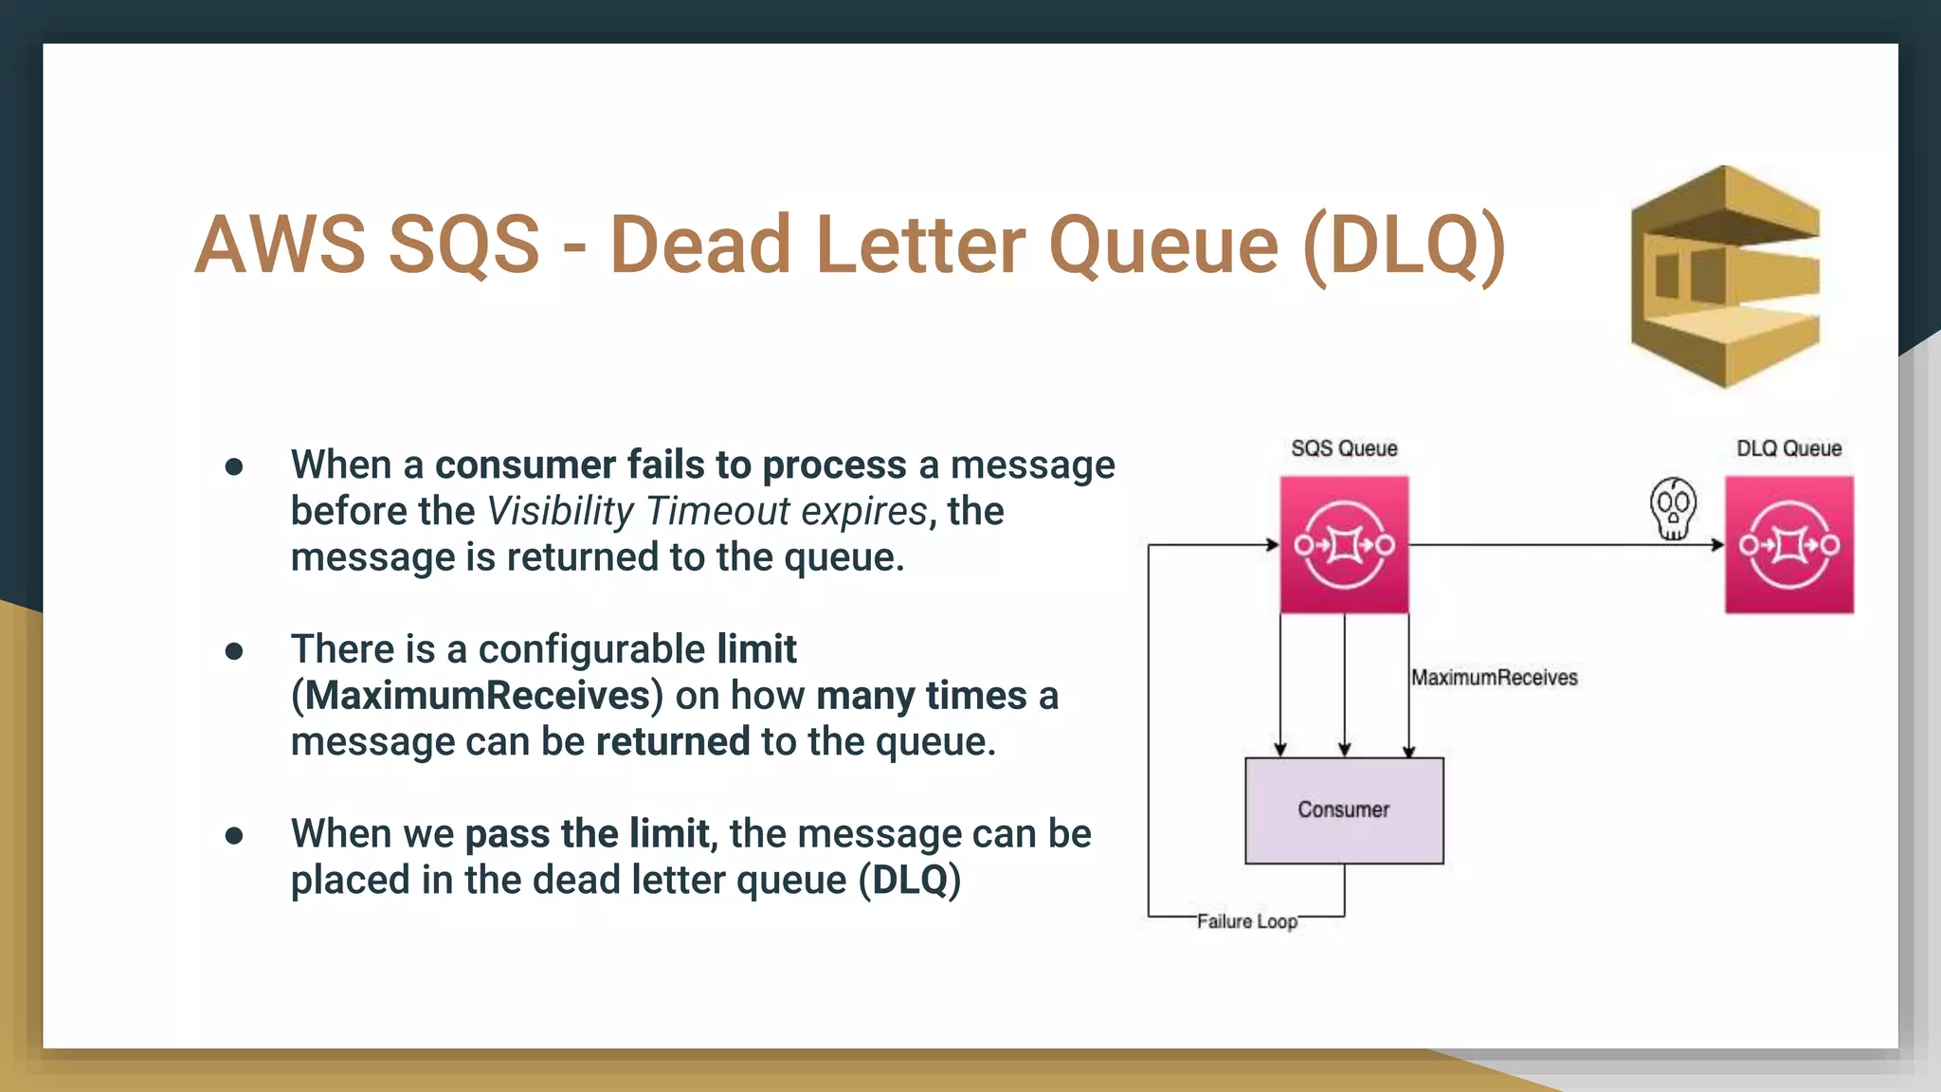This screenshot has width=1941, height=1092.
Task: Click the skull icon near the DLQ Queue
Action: tap(1673, 508)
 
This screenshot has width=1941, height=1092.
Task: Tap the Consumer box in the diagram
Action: tap(1343, 810)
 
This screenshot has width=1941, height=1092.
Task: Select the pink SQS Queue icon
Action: tap(1344, 545)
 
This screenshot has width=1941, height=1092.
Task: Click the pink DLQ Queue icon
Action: tap(1788, 545)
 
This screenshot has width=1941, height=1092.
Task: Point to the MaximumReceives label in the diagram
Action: tap(1494, 678)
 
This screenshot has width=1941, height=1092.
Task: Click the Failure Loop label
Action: tap(1246, 921)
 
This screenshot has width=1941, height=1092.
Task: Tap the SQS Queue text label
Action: tap(1344, 448)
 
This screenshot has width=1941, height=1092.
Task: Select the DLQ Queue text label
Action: tap(1788, 448)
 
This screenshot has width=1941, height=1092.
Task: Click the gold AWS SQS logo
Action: tap(1725, 277)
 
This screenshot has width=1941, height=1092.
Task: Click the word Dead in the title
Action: tap(699, 245)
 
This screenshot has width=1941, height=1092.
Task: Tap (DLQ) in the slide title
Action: tap(1405, 245)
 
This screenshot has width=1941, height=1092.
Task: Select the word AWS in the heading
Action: tap(280, 245)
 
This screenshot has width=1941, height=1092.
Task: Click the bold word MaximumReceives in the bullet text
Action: tap(477, 696)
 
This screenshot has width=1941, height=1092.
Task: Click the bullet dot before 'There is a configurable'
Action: tap(234, 650)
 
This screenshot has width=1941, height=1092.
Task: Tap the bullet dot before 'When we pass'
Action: tap(234, 835)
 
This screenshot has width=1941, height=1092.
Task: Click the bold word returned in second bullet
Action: tap(672, 741)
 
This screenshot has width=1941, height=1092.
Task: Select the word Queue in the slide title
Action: tap(1164, 245)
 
